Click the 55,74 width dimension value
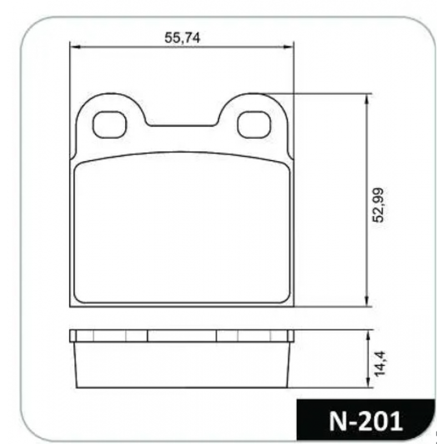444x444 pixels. point(182,37)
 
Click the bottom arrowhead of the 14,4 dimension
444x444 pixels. point(367,384)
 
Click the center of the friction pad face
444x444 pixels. point(182,228)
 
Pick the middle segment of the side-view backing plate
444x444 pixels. point(182,336)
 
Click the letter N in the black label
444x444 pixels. point(339,421)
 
